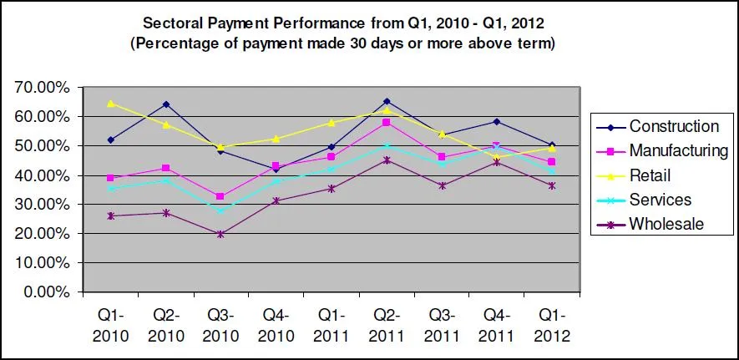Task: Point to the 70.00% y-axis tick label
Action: tap(39, 87)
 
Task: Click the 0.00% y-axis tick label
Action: tap(43, 292)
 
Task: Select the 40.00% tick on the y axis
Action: tap(39, 175)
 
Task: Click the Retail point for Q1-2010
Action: tap(111, 104)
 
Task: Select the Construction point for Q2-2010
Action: tap(166, 104)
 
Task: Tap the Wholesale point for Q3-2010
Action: tap(220, 234)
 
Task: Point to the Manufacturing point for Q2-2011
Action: tap(385, 123)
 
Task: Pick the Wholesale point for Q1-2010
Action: tap(111, 215)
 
